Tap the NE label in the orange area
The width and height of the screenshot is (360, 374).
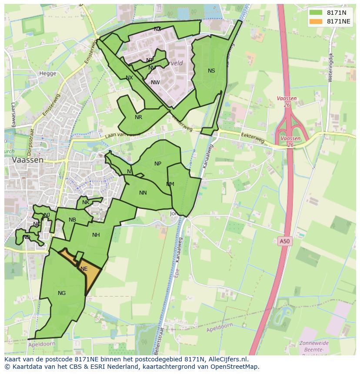pos(84,269)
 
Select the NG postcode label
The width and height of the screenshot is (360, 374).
pos(62,293)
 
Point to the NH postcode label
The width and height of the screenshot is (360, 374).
pos(96,235)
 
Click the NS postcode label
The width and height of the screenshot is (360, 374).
pos(211,71)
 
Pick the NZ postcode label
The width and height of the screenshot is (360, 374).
pos(157,29)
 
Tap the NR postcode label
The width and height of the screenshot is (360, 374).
pos(138,117)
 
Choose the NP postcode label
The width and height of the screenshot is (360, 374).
pos(158,164)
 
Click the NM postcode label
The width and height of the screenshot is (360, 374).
pos(170,184)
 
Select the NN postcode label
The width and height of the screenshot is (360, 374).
pos(143,193)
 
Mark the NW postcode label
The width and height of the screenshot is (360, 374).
pos(155,83)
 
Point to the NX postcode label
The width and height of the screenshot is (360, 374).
pos(129,78)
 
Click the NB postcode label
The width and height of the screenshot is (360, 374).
pos(72,220)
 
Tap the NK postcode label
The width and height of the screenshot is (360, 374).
pos(86,202)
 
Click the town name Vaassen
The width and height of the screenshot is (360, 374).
pos(28,160)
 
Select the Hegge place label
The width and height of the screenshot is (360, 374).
pos(48,73)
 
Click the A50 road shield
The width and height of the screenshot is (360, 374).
pos(284,241)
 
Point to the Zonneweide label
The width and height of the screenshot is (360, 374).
pos(314,343)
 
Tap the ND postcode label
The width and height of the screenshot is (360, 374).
pos(27,237)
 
